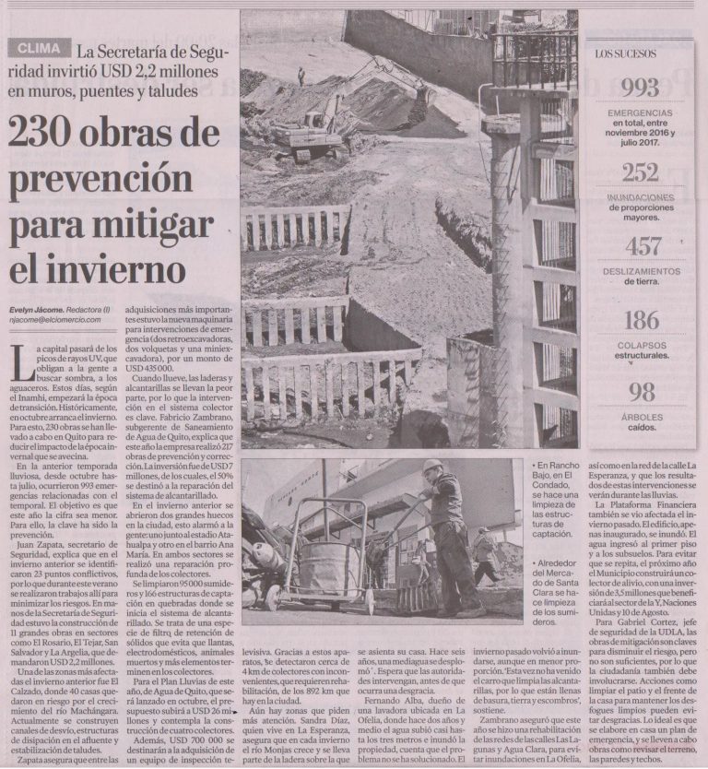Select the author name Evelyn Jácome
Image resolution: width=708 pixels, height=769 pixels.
(37, 309)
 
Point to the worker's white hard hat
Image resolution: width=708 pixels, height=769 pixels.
(431, 467)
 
